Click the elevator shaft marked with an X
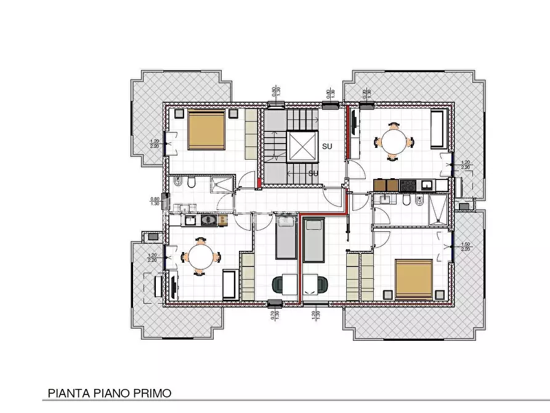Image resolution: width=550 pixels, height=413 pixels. [303, 147]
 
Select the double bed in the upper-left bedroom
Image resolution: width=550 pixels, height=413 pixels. [206, 129]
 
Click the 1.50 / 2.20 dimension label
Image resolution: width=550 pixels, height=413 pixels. [465, 246]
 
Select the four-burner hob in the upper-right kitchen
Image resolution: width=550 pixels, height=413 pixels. [408, 184]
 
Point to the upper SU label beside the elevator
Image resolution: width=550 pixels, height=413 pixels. [328, 146]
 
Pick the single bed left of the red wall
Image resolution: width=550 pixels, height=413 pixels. [285, 239]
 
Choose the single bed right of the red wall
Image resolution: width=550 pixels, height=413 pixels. [314, 239]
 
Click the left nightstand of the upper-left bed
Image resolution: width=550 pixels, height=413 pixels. [178, 113]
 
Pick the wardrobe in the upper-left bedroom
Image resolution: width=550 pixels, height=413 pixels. [251, 133]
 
